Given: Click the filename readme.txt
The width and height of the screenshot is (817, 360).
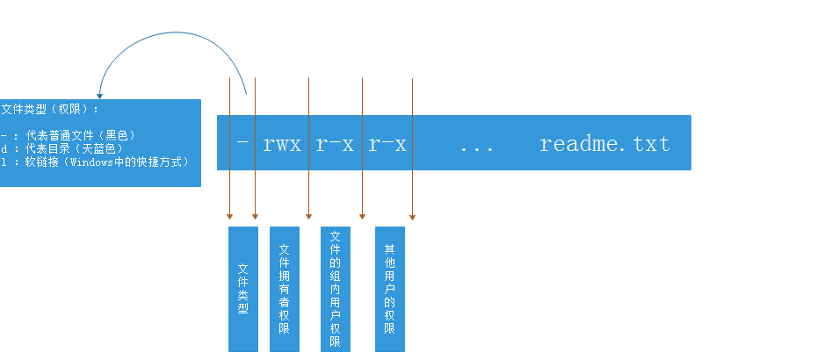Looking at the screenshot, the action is [604, 144].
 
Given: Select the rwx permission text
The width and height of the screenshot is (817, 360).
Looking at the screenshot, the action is [282, 144].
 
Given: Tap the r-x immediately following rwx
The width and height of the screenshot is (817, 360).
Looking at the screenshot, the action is [335, 144].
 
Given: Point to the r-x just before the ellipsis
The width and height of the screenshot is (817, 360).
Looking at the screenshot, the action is [387, 144].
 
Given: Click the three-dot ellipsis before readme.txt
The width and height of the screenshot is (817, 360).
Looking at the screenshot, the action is [477, 149].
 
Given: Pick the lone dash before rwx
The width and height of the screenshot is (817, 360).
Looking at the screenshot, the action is [242, 142].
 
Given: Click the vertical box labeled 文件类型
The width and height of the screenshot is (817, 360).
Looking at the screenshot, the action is [242, 289].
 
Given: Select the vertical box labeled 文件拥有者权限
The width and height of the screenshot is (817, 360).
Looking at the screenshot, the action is [285, 289].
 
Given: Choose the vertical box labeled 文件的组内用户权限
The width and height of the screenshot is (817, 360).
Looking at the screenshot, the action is [336, 289].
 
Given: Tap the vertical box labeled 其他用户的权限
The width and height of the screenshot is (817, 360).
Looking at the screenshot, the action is [390, 289].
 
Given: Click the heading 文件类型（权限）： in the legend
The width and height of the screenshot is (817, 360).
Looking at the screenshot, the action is [50, 110].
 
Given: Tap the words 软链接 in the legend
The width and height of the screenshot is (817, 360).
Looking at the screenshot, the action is [43, 162].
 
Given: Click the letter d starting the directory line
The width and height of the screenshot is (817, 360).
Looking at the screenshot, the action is [4, 149].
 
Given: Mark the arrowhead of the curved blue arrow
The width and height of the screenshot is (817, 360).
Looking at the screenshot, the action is [99, 97].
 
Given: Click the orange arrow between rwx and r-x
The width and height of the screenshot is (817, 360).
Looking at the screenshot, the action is [309, 148].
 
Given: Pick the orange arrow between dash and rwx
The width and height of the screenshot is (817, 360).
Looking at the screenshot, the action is [256, 148].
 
